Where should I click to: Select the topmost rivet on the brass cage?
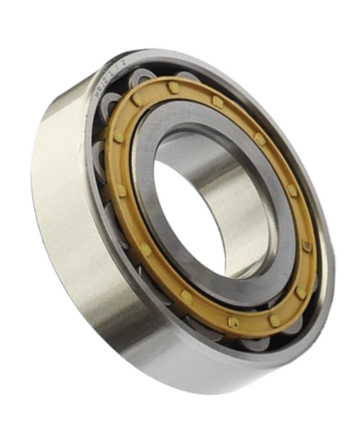click(x=173, y=89)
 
